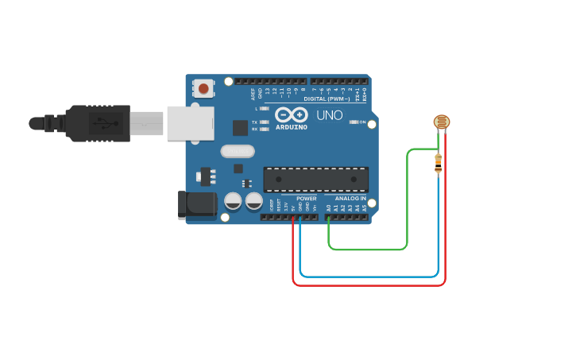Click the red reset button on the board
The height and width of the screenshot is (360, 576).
click(204, 88)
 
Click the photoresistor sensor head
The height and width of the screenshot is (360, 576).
click(441, 122)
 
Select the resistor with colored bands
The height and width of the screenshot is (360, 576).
click(438, 163)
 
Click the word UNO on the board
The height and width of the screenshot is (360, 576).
click(330, 115)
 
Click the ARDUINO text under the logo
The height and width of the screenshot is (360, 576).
click(291, 127)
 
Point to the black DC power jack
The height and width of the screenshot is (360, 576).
click(198, 204)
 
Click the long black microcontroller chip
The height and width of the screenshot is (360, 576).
click(315, 180)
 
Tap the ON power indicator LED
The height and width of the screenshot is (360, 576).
click(354, 122)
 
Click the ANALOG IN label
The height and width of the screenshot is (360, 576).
click(350, 199)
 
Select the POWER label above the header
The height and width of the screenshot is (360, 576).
click(307, 199)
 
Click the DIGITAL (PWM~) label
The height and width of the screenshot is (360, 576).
click(327, 99)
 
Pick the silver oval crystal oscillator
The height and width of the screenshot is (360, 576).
click(238, 151)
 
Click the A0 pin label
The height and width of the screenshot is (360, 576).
click(327, 208)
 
